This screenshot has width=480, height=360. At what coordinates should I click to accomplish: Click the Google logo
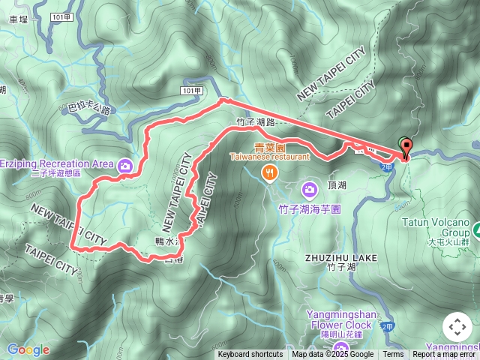coord(28,349)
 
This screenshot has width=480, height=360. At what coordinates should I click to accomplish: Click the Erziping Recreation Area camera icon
coord(125,165)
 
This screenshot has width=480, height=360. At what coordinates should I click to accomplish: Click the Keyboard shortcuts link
coord(250,355)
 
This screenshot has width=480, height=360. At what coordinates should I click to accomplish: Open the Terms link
coord(393,355)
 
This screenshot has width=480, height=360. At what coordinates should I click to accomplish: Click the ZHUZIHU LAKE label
coord(341,257)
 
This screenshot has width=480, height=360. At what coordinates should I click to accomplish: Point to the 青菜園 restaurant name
coord(268,148)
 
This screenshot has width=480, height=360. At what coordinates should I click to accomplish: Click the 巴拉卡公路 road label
coord(89,110)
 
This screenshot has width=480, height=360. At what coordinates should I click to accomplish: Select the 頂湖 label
coord(337,185)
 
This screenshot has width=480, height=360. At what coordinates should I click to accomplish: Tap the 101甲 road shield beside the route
coord(191,90)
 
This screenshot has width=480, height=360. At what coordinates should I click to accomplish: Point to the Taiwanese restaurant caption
coord(268,157)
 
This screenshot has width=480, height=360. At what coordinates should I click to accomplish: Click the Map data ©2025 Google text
coord(332,355)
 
